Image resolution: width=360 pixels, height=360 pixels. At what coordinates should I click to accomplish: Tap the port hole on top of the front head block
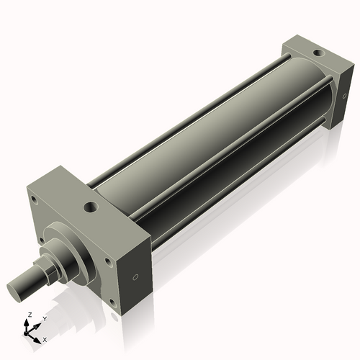click(x=90, y=207)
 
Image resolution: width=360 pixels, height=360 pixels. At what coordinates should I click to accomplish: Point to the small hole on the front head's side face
click(x=135, y=278)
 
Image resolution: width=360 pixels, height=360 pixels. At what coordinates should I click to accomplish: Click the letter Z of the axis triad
click(x=29, y=315)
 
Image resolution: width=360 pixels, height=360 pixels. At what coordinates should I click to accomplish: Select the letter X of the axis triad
click(x=45, y=338)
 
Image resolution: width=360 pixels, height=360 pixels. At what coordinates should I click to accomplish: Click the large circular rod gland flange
click(x=68, y=248)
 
